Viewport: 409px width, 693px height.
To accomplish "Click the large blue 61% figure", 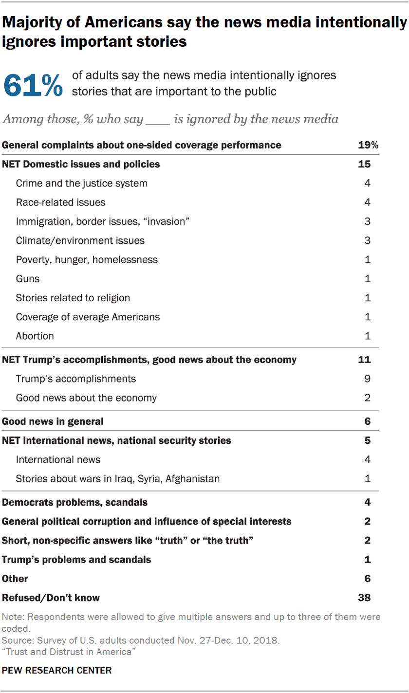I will [33, 85].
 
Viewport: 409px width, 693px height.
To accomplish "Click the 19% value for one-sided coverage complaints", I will [368, 145].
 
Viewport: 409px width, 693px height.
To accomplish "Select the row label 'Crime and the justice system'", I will [81, 183].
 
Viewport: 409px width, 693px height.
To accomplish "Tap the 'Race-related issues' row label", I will [60, 202].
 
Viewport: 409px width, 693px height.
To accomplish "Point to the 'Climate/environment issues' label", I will [80, 240].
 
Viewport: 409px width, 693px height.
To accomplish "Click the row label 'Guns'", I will [27, 279].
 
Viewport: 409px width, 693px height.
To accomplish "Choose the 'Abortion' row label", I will [35, 336].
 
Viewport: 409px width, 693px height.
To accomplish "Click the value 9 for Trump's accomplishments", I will [368, 379].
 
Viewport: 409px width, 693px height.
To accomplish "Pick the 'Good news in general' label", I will [53, 421].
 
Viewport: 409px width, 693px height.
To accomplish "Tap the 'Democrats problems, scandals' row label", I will [74, 502].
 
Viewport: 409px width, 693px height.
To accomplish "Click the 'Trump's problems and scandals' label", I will [76, 560].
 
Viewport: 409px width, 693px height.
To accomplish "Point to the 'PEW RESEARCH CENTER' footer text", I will [56, 670].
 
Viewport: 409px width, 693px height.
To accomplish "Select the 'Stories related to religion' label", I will [73, 298].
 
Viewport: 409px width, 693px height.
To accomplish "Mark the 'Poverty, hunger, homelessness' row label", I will [87, 259].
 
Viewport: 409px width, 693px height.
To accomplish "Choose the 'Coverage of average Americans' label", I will [88, 317].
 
